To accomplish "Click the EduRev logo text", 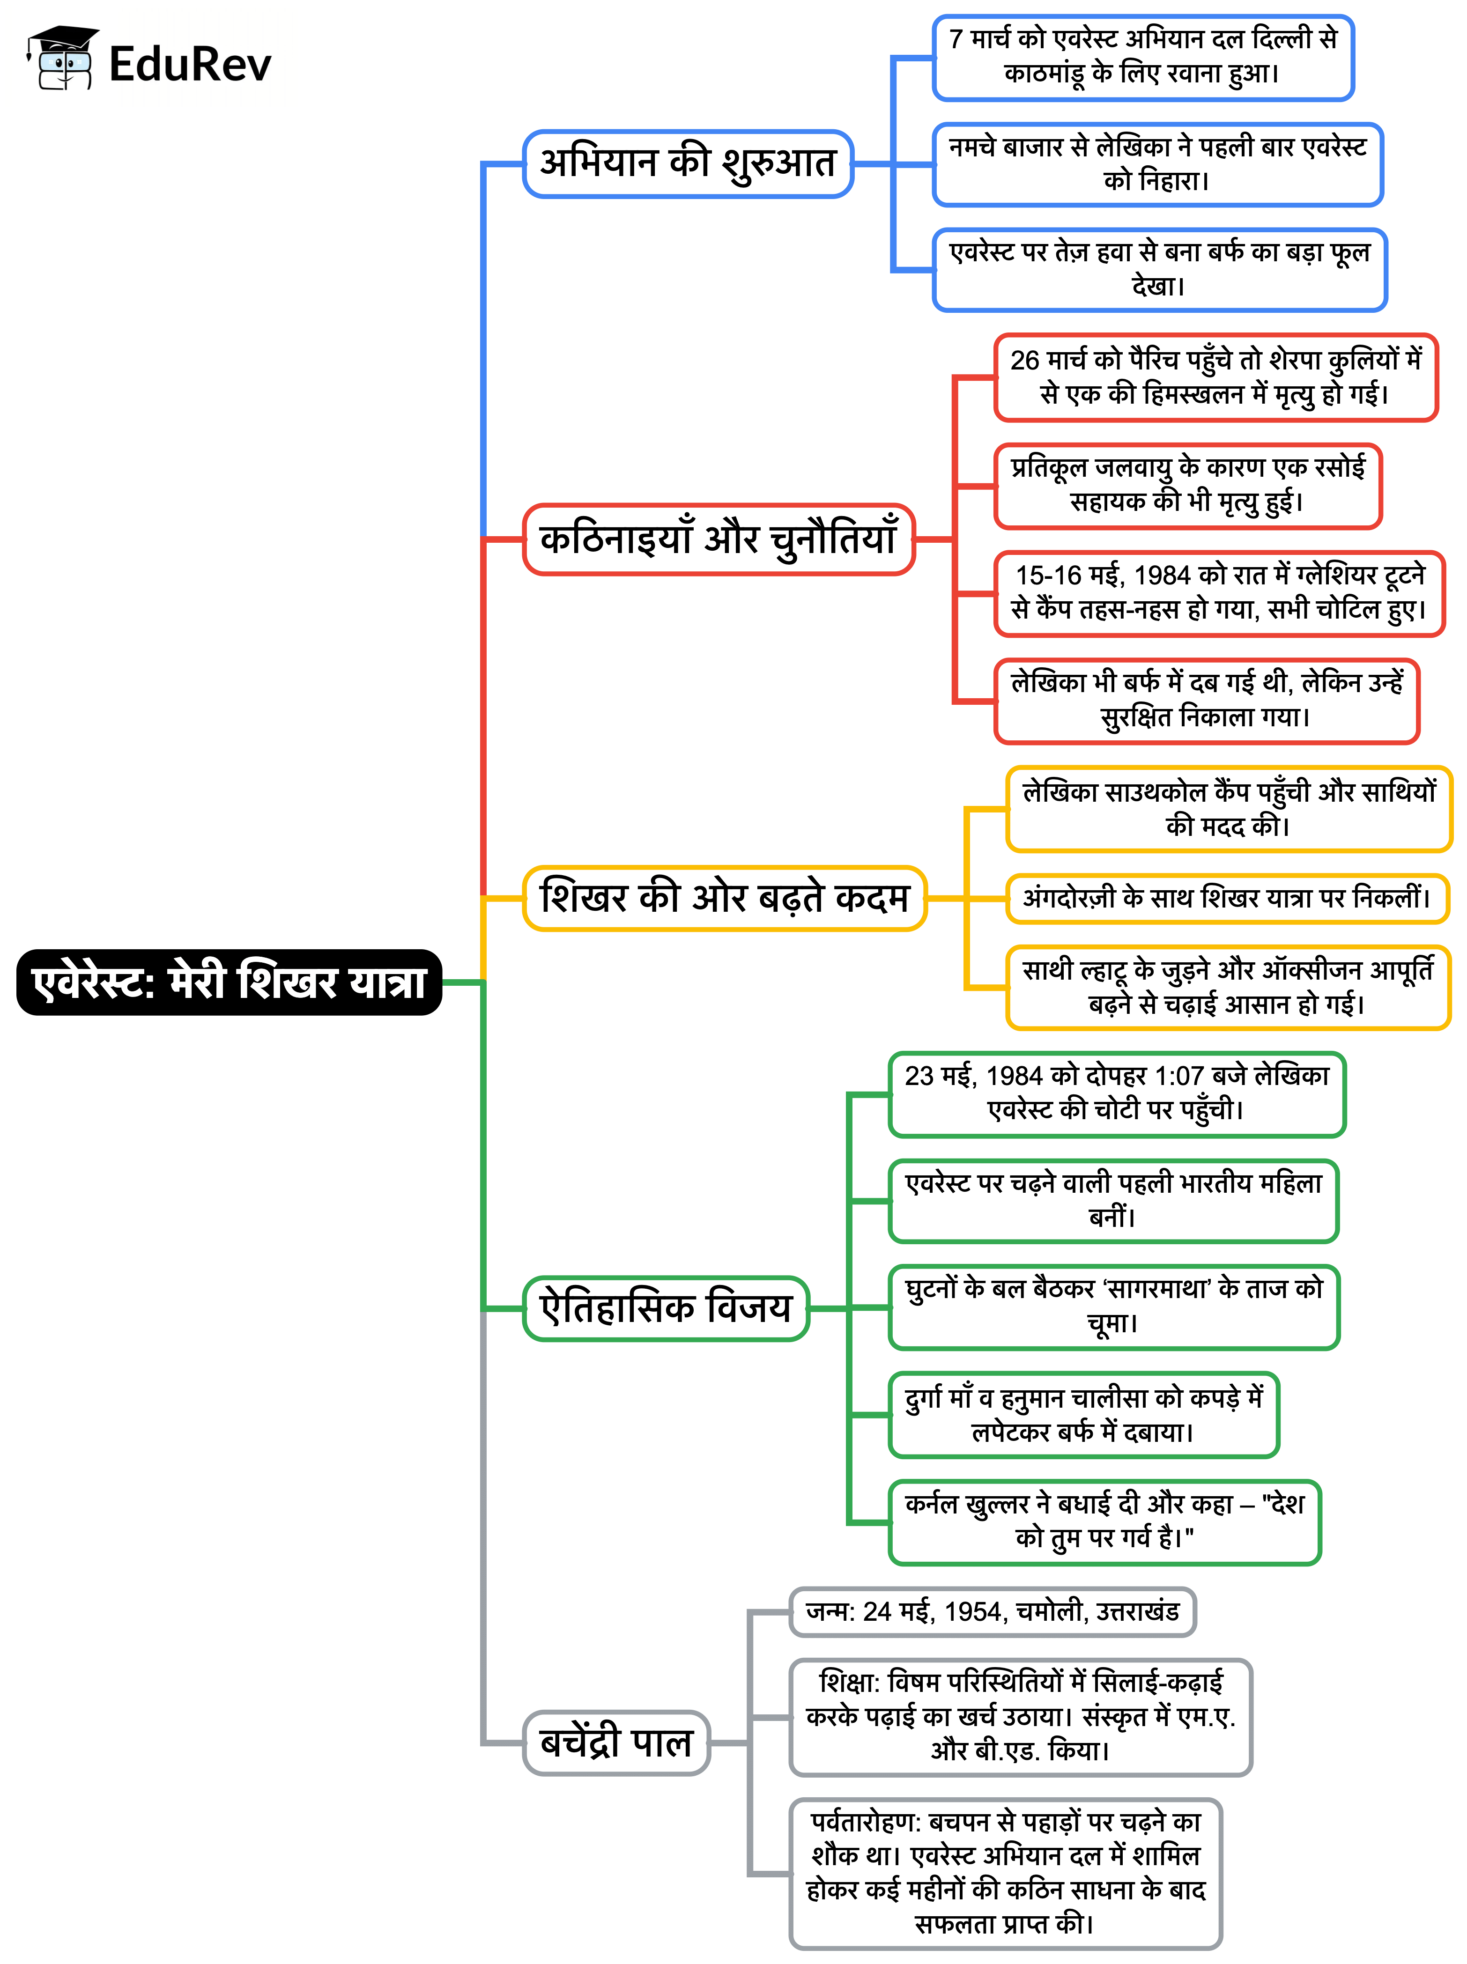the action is coord(190,64).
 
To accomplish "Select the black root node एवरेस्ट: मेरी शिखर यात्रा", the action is coord(229,982).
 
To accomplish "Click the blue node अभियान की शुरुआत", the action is coord(688,163).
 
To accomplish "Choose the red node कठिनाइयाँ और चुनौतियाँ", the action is coord(719,539).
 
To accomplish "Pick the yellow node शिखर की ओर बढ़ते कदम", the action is coord(725,898).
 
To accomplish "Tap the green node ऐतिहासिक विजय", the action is coord(666,1308).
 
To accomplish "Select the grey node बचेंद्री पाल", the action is coord(616,1742).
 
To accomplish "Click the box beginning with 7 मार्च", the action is coord(1143,57).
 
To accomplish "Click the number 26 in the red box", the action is coord(1025,361).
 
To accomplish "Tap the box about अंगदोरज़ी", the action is coord(1227,899).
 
